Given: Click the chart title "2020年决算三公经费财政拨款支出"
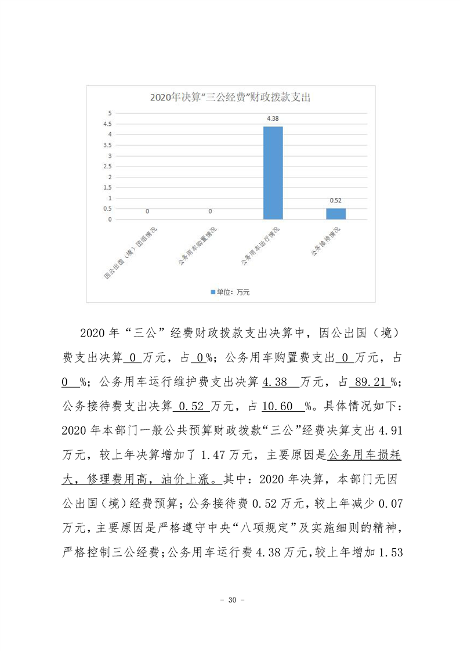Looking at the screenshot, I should click(230, 97).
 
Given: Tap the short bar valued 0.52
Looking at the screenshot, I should click(336, 214).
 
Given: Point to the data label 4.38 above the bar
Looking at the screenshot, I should click(273, 118).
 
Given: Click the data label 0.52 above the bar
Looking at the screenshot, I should click(336, 200).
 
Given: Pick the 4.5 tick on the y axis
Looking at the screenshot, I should click(107, 124).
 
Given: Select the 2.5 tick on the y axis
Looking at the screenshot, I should click(107, 167).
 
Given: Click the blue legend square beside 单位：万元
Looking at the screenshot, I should click(213, 292).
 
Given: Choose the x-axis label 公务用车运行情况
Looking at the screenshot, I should click(260, 247).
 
